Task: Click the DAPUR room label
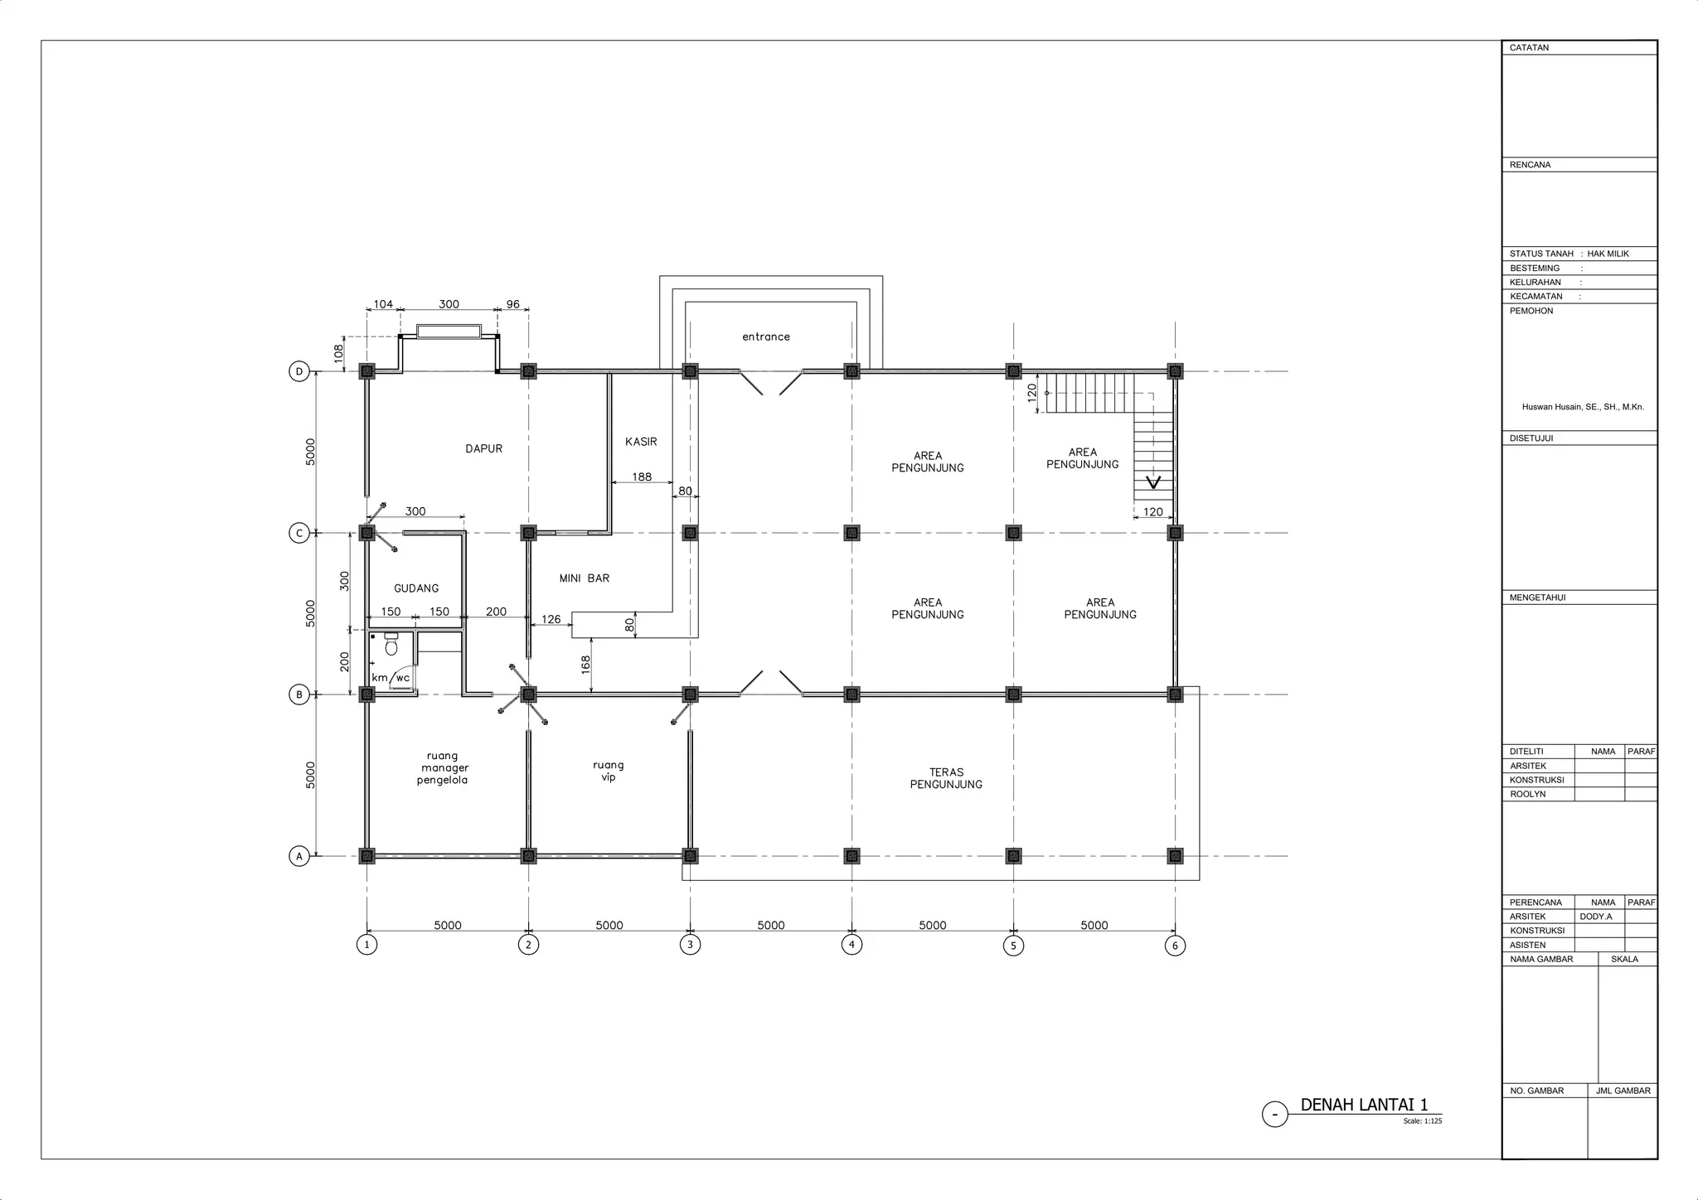(x=484, y=449)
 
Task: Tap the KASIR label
(x=641, y=442)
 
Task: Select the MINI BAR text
(x=585, y=578)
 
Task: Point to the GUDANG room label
(x=416, y=588)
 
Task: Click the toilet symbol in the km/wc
(x=391, y=643)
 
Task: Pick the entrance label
(x=766, y=336)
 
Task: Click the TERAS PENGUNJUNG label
(x=946, y=778)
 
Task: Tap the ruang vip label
(x=609, y=772)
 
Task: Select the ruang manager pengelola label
(x=442, y=768)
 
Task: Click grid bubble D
(x=299, y=371)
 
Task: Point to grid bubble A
(x=299, y=856)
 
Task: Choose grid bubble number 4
(x=851, y=945)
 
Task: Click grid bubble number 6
(x=1175, y=946)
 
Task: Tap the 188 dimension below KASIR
(x=642, y=477)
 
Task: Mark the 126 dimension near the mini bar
(x=551, y=619)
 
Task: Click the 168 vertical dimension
(x=585, y=665)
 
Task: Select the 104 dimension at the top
(x=383, y=304)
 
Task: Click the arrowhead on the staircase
(x=1153, y=482)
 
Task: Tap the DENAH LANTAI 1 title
(x=1364, y=1105)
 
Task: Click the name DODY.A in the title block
(x=1596, y=917)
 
